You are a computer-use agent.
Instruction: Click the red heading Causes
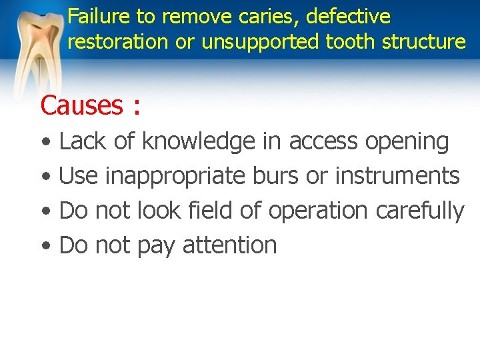81,105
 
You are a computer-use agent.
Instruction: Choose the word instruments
397,176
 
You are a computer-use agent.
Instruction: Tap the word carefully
420,211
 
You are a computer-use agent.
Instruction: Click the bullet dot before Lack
44,143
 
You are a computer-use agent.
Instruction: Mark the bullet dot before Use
44,177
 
